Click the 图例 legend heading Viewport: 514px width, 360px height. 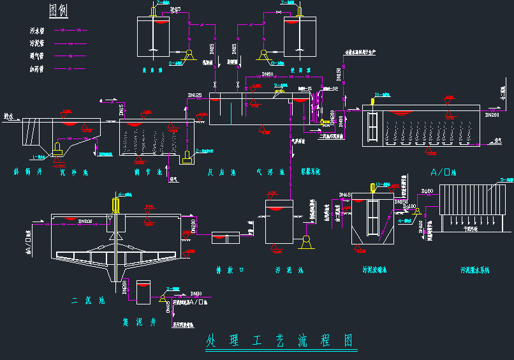point(59,10)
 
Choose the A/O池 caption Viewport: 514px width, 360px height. point(446,172)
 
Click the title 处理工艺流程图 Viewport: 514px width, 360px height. point(280,340)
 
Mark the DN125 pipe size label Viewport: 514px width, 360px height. point(195,96)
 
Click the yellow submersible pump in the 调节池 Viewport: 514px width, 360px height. point(187,157)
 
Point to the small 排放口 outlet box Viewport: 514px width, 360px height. point(225,238)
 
